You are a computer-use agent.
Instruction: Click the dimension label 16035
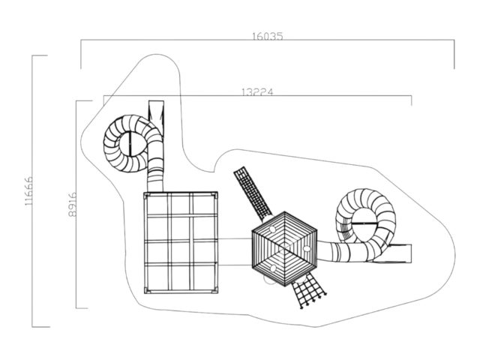pos(268,37)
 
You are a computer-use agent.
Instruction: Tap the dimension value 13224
pos(257,91)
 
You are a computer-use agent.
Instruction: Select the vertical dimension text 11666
pos(28,191)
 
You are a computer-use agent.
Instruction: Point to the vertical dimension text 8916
pos(72,205)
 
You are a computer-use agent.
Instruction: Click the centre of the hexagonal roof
pos(285,249)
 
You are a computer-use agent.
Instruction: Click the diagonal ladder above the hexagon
pos(253,193)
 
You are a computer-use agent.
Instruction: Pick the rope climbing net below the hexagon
pos(308,290)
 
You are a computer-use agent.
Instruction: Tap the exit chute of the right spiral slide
pos(395,253)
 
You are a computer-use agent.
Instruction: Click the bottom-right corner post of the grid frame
pos(215,290)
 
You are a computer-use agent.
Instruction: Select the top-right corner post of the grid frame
pos(215,195)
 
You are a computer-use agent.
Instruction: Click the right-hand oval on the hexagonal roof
pos(307,248)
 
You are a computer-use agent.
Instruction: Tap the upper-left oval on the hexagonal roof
pos(272,229)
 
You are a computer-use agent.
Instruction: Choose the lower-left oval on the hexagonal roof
pos(273,268)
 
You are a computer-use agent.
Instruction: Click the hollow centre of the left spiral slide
pos(133,143)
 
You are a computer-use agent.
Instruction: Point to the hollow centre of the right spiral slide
pos(365,223)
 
